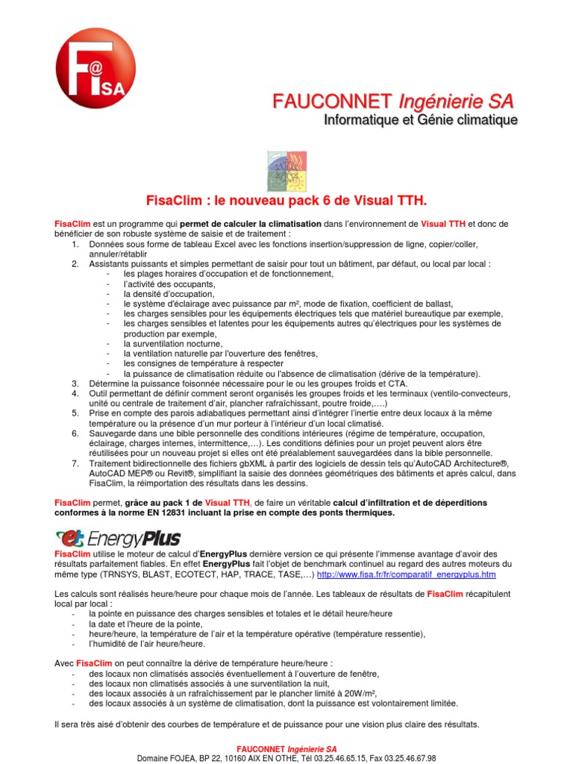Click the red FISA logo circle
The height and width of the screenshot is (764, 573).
[x=95, y=68]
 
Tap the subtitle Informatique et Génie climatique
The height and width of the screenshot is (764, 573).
[x=420, y=119]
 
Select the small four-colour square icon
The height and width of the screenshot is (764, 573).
[x=286, y=170]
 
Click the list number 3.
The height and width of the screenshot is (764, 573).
[x=75, y=383]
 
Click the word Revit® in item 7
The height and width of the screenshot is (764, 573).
[x=205, y=474]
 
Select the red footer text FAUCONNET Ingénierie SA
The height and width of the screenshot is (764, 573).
[x=286, y=748]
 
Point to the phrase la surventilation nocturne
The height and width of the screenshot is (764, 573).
[x=173, y=344]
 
